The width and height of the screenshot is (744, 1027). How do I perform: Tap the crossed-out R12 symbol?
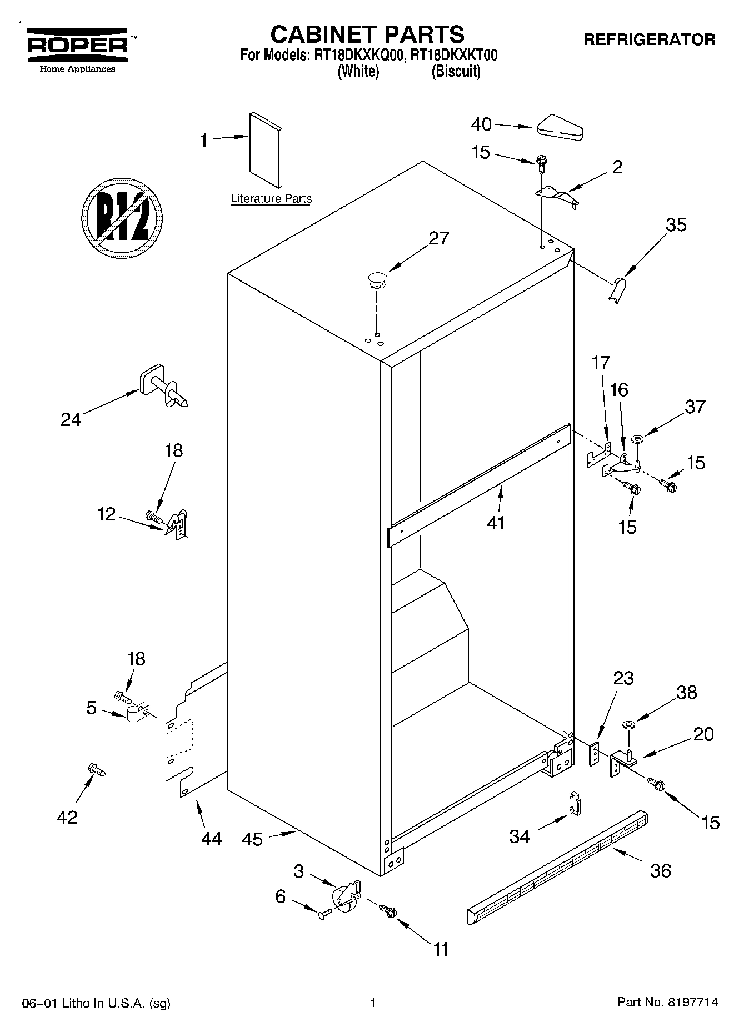coord(122,217)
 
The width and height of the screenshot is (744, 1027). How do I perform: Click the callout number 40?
coord(481,124)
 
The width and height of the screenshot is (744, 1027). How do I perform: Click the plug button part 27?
coord(377,279)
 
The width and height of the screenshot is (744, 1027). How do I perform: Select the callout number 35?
coord(676,225)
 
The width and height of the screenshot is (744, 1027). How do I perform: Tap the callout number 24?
coord(71,419)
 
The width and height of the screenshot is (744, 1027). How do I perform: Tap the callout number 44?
coord(211,839)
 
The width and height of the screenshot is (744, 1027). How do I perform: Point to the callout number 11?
coord(441,949)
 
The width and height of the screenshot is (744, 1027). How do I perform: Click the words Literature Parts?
coord(271,199)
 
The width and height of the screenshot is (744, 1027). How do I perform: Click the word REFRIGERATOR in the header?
coord(648,40)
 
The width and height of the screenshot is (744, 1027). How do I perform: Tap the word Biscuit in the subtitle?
coord(456,72)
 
